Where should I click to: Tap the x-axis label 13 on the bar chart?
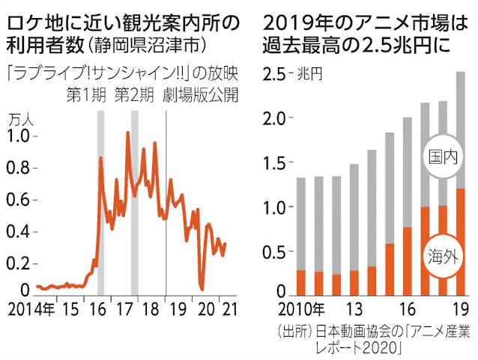tap(354, 310)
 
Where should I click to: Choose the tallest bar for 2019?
tap(460, 183)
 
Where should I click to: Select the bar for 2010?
tap(300, 237)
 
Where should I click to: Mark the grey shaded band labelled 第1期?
tap(100, 202)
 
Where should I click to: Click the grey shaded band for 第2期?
tap(135, 202)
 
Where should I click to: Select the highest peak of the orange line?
tap(128, 133)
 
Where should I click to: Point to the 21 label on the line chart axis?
tap(223, 310)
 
